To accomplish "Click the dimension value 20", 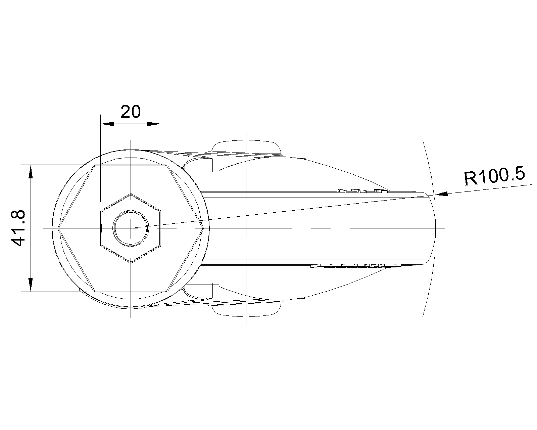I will click(x=131, y=112).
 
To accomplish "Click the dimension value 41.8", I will click(x=17, y=228).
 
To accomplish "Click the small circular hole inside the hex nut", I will click(x=131, y=228).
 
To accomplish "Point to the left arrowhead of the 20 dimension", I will click(x=107, y=124).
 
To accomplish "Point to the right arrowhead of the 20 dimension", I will click(x=155, y=124).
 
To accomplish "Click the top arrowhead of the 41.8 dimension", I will click(x=31, y=171).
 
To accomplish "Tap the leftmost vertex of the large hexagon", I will click(x=58, y=228).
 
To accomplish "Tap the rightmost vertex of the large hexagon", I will click(x=203, y=228).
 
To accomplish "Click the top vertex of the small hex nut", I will click(x=131, y=194).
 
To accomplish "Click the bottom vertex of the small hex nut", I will click(x=131, y=262).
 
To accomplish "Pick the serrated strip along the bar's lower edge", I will click(x=356, y=265).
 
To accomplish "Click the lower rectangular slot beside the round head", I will click(x=200, y=291).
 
